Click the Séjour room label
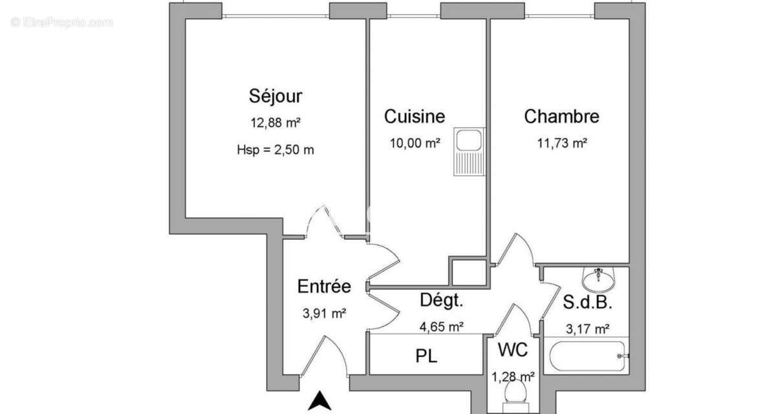(x=275, y=96)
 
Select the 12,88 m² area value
(x=275, y=123)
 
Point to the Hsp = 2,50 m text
(x=275, y=150)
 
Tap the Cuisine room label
(x=415, y=116)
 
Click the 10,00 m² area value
(x=415, y=143)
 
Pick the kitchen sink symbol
(x=466, y=151)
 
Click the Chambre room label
(x=561, y=116)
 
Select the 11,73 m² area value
(x=561, y=143)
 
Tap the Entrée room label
(x=324, y=286)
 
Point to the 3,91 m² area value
(x=324, y=314)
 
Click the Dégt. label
(x=442, y=300)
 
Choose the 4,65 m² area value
(x=442, y=327)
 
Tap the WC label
(x=513, y=351)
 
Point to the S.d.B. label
(x=587, y=303)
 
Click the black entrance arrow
(x=319, y=401)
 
